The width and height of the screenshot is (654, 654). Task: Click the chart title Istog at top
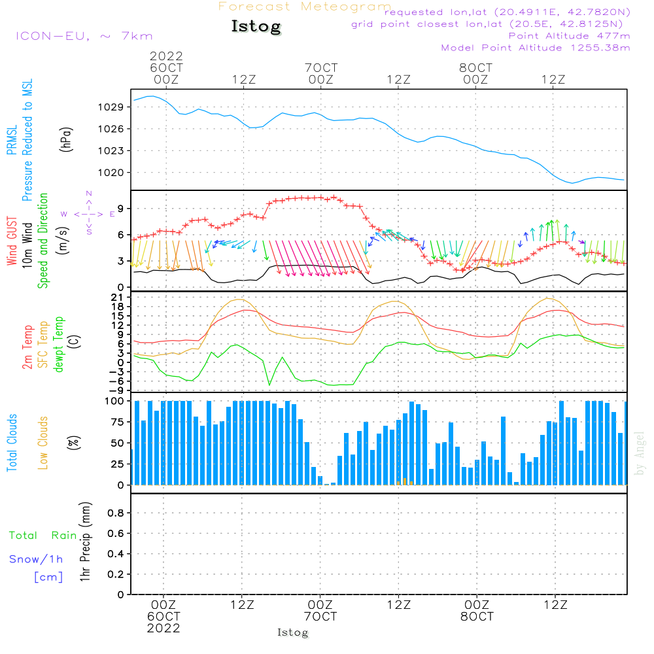coord(256,27)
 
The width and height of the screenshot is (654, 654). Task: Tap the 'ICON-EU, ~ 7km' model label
coord(84,36)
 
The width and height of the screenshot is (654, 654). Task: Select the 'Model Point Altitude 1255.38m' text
coord(536,48)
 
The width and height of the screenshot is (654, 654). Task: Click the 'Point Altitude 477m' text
coord(569,35)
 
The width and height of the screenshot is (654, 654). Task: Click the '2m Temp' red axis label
coord(27,347)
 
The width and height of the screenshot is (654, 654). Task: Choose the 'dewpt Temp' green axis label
coord(60,345)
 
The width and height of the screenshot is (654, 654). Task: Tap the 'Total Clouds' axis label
coord(12,442)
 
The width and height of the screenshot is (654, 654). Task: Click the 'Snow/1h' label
coord(37,559)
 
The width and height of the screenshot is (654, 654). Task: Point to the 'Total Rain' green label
coord(43,536)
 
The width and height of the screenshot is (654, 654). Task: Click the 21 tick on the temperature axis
coord(120,298)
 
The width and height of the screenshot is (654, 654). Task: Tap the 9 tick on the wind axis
coord(121,209)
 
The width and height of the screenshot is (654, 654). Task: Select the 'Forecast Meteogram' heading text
coord(305,7)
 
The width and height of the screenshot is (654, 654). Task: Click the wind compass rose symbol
coord(88,213)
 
